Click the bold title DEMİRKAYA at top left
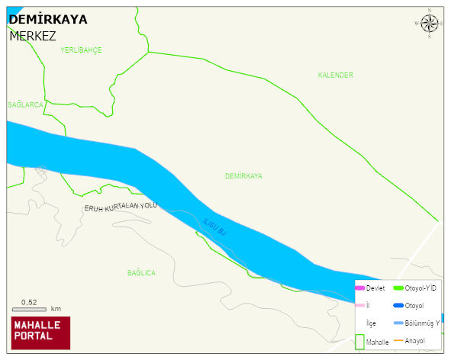coord(47,20)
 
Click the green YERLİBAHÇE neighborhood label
coord(81,50)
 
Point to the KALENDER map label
coord(336,75)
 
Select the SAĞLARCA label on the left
coord(25,104)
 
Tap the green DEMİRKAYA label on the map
coord(243,175)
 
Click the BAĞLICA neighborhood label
coord(141,272)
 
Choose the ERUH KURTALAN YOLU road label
coord(120,207)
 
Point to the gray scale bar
coord(30,309)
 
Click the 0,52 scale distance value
coord(30,302)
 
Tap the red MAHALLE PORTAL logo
coord(40,332)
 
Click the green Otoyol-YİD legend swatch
coord(398,288)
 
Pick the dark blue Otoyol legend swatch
coord(398,306)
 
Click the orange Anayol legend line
coord(398,340)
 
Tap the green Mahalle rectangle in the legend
coord(359,341)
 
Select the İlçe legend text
coord(371,323)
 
